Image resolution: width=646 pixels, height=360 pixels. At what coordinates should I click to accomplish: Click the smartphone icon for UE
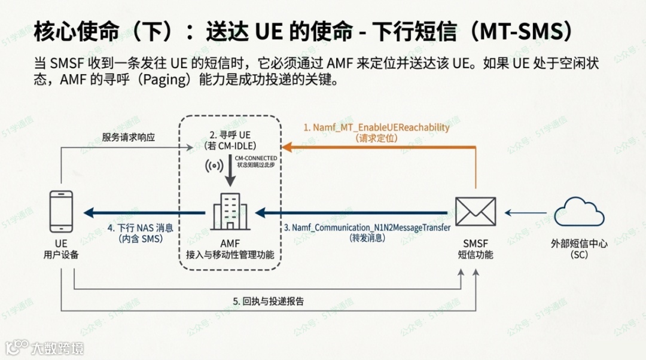point(61,212)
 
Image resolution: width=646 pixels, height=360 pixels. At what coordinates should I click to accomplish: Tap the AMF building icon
point(230,212)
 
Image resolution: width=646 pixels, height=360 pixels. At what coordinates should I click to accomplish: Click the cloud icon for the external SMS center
point(578,212)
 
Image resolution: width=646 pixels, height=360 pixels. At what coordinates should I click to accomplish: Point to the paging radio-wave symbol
point(211,167)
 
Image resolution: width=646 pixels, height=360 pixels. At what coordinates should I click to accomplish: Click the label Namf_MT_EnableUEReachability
point(376,128)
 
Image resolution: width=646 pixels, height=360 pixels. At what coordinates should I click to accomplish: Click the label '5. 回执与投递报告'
point(269,301)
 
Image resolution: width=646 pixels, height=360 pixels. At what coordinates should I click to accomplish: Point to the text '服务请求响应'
point(129,137)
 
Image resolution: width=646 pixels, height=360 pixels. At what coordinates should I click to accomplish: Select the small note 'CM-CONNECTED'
point(255,158)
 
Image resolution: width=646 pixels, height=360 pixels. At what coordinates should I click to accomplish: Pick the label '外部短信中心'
point(579,243)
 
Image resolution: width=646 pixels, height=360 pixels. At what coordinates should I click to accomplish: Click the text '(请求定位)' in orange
point(376,139)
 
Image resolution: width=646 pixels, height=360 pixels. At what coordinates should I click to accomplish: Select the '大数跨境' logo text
point(57,347)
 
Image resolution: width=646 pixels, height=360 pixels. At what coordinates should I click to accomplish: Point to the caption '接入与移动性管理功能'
point(230,255)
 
